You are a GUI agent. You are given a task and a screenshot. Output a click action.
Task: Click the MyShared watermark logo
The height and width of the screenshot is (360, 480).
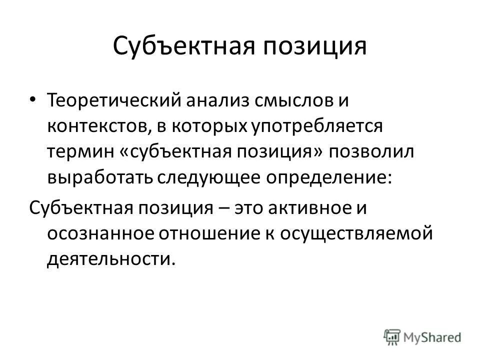(x=423, y=336)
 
